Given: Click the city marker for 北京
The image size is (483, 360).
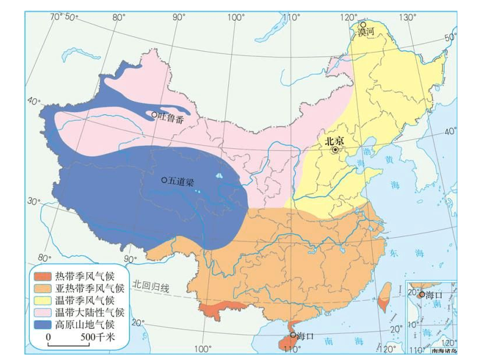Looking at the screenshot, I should point(335,150).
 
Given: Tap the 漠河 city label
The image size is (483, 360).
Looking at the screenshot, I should point(364,33).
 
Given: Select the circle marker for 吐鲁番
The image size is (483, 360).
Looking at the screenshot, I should point(155,115).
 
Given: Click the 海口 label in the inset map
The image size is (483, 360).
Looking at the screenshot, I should point(434,295).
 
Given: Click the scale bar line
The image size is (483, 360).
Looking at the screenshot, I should point(68,345).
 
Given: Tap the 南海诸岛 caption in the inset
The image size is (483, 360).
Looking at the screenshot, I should point(442,351).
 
